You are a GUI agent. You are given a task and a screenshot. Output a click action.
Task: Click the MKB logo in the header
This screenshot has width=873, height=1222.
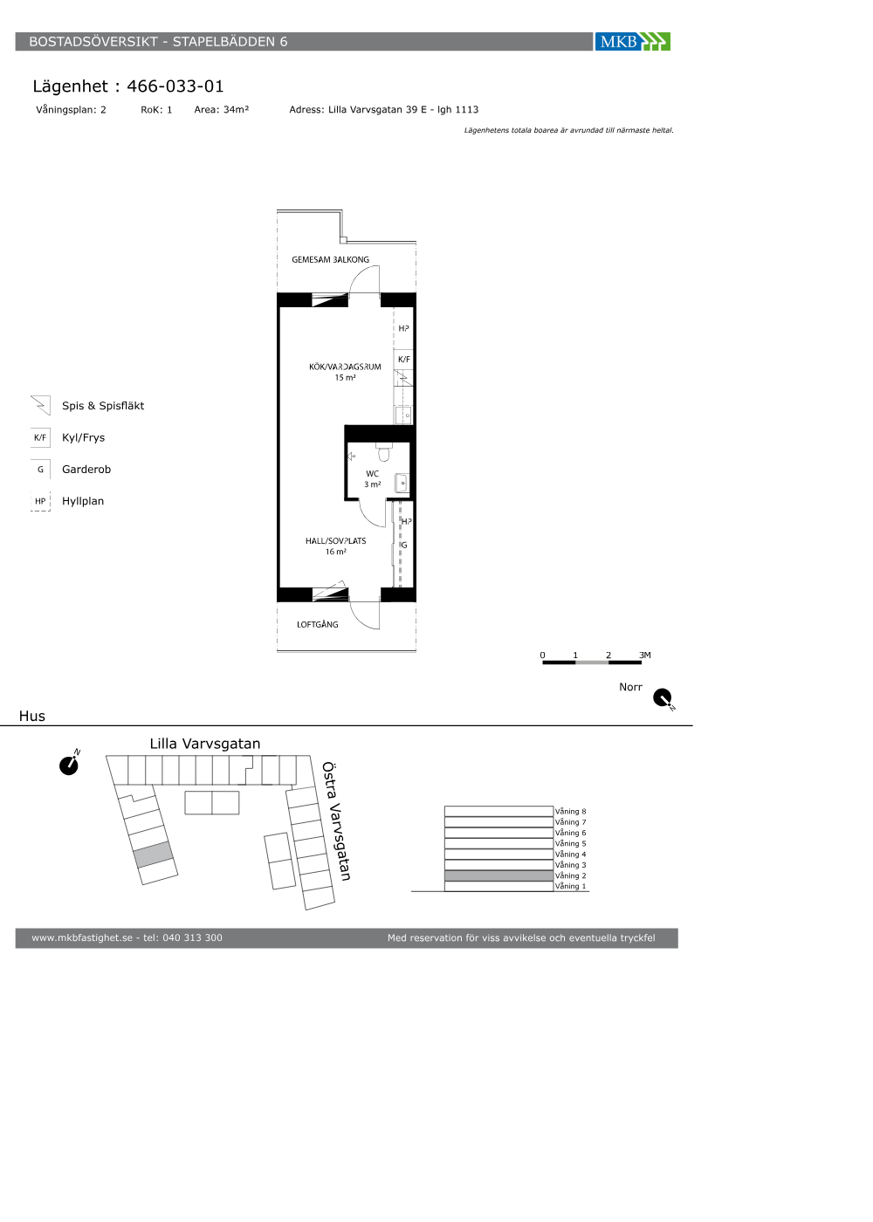pyautogui.click(x=632, y=42)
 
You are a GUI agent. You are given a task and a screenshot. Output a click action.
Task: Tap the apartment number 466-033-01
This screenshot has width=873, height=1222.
pyautogui.click(x=175, y=86)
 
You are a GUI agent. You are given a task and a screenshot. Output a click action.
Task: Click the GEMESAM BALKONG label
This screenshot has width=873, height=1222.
pyautogui.click(x=330, y=260)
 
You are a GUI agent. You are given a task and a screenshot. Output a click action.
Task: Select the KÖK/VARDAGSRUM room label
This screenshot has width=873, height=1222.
pyautogui.click(x=345, y=367)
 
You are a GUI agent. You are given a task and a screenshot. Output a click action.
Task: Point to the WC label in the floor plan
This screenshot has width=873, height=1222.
pyautogui.click(x=372, y=473)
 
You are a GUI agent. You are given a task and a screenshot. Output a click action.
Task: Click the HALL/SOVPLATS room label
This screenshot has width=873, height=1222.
pyautogui.click(x=335, y=540)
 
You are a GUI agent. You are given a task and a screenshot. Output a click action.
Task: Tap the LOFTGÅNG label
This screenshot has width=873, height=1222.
pyautogui.click(x=317, y=624)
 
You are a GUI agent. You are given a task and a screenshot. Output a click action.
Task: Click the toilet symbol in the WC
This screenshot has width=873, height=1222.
pyautogui.click(x=384, y=453)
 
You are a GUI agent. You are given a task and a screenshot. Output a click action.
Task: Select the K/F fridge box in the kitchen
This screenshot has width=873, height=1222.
pyautogui.click(x=403, y=360)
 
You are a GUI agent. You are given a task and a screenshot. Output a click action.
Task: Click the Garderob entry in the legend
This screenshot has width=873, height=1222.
pyautogui.click(x=86, y=470)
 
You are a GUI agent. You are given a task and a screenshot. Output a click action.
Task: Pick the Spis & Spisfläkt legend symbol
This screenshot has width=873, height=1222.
pyautogui.click(x=40, y=405)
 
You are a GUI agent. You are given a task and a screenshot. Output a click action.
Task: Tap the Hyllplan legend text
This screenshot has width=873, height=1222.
pyautogui.click(x=83, y=501)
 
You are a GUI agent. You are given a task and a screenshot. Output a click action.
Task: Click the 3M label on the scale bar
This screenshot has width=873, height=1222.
pyautogui.click(x=645, y=655)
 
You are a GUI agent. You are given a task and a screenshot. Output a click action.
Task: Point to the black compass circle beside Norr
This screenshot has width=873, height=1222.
pyautogui.click(x=663, y=697)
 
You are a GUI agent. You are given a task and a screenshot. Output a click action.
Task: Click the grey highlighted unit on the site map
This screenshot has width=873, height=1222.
pyautogui.click(x=154, y=855)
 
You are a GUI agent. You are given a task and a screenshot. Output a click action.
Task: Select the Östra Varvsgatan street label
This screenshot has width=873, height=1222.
pyautogui.click(x=336, y=821)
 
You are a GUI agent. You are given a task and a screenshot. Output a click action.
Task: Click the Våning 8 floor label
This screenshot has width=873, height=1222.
pyautogui.click(x=570, y=811)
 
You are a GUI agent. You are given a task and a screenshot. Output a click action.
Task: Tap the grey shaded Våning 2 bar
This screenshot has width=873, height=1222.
pyautogui.click(x=498, y=875)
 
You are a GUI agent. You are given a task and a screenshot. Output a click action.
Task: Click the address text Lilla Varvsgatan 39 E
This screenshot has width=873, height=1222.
pyautogui.click(x=377, y=110)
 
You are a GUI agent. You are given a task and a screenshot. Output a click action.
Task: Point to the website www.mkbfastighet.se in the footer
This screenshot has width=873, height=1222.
pyautogui.click(x=82, y=937)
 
